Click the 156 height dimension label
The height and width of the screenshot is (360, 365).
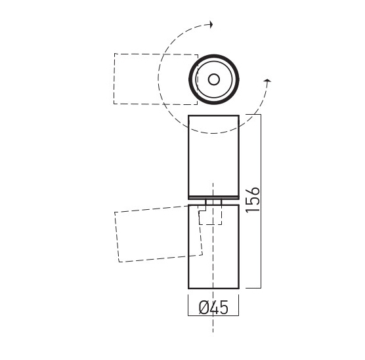click(252, 199)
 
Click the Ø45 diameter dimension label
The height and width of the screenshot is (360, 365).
click(213, 308)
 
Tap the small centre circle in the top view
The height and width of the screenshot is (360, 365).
click(214, 79)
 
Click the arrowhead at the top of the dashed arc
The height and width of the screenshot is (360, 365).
click(211, 24)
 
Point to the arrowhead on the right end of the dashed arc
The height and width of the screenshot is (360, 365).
click(267, 81)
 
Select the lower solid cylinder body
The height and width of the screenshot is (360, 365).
click(214, 247)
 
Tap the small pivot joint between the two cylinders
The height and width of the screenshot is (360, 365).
click(213, 202)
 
